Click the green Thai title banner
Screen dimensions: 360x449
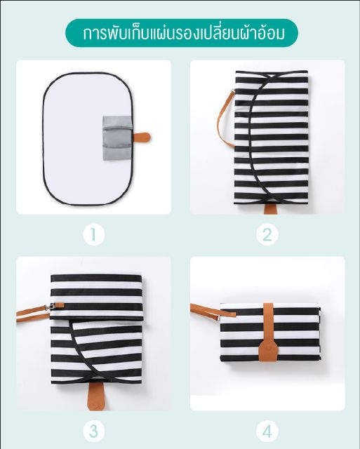tap(182, 33)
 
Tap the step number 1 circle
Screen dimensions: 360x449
tap(93, 235)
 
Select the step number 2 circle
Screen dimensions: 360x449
tap(267, 235)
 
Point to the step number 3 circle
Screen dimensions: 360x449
tap(93, 431)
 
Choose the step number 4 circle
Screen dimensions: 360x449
tap(267, 431)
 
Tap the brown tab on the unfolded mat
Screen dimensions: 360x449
tap(142, 138)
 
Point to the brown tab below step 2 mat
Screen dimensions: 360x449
tap(268, 208)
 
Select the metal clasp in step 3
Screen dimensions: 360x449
tap(51, 307)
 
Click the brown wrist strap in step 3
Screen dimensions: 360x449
tap(32, 314)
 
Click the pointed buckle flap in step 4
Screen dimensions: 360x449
tap(267, 352)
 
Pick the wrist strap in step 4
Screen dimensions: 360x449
tap(213, 311)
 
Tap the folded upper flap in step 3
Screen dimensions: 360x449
tap(97, 297)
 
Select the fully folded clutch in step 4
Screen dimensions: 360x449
tap(270, 333)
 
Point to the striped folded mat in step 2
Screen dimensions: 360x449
tap(271, 138)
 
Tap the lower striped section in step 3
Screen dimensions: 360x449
tap(97, 351)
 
